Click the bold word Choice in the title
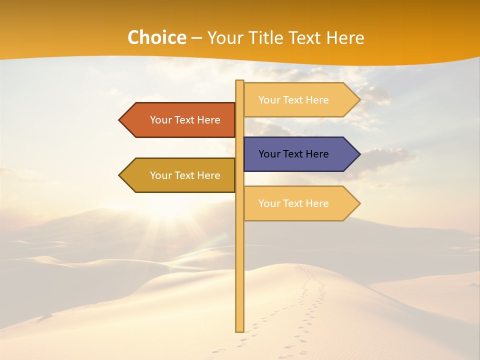pyautogui.click(x=156, y=38)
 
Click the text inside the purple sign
pyautogui.click(x=293, y=154)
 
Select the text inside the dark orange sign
pyautogui.click(x=185, y=120)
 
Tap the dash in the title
pyautogui.click(x=196, y=38)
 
